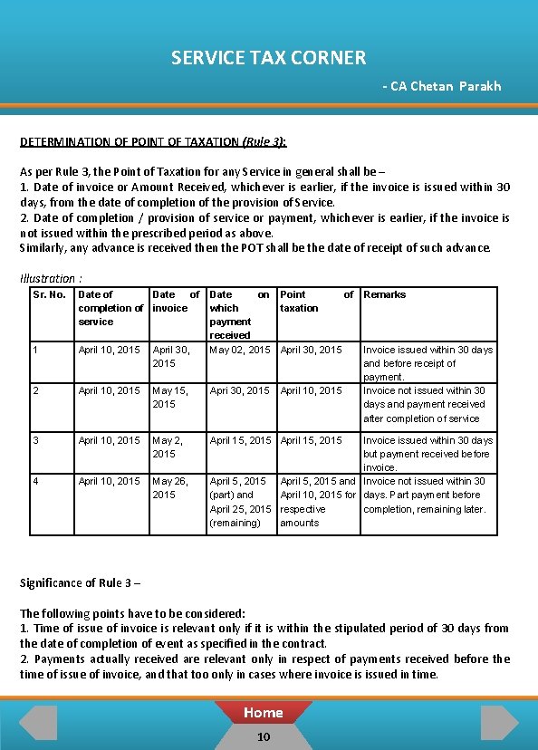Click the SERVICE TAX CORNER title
268,58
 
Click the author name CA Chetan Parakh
441,86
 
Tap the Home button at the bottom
263,713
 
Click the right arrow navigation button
499,723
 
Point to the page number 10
263,736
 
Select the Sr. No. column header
49,294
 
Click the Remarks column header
385,294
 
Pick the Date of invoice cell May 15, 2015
169,397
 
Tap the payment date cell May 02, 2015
239,350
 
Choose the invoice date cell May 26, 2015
169,487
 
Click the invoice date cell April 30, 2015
170,356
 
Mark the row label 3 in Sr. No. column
35,440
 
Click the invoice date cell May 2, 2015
168,447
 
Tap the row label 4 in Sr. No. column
35,481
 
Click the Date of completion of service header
110,308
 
